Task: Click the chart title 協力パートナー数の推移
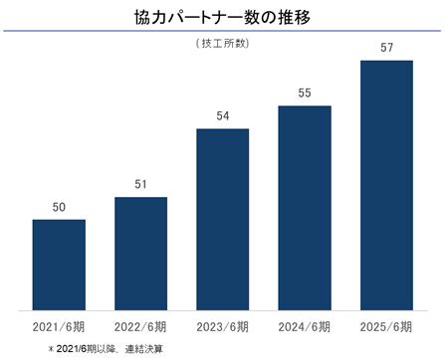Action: [x=222, y=17]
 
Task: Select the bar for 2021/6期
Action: [x=59, y=265]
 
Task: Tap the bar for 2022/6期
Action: [x=141, y=254]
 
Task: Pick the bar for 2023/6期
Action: [x=223, y=220]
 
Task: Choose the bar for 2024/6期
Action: [x=305, y=208]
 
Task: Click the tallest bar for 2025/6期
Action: [x=387, y=185]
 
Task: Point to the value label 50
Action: [x=59, y=207]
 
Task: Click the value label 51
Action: [x=140, y=184]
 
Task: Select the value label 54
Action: [x=223, y=115]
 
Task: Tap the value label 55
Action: [x=305, y=92]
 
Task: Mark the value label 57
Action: [x=387, y=48]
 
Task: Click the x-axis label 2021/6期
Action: [x=59, y=327]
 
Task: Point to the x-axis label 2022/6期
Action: [x=140, y=327]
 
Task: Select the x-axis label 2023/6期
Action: [x=222, y=327]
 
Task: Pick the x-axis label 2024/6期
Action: [x=305, y=327]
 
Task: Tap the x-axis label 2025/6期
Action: [x=386, y=327]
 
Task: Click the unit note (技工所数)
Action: [x=222, y=44]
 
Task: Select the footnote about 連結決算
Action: [x=106, y=349]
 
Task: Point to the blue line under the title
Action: [x=222, y=31]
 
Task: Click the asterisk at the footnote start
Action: [x=51, y=349]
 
